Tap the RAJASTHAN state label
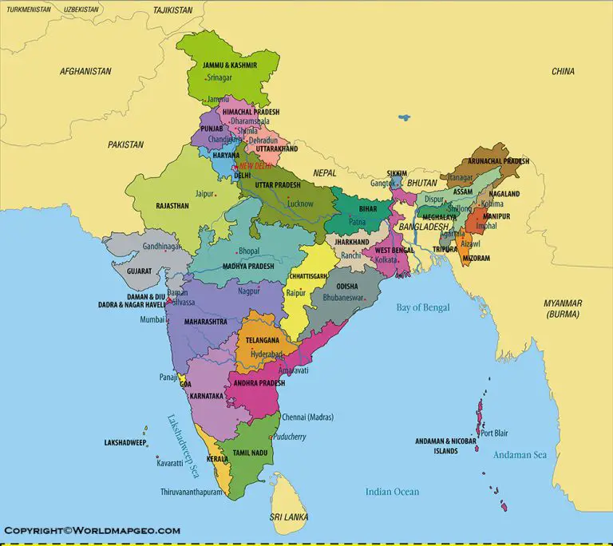[x=172, y=206]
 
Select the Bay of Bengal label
[x=423, y=307]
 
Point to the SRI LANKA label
[x=288, y=516]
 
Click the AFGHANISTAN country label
[x=85, y=71]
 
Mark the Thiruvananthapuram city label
[x=191, y=492]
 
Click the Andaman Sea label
[x=519, y=454]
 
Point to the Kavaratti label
[x=169, y=463]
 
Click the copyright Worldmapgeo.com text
[x=93, y=530]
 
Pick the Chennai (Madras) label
[x=307, y=417]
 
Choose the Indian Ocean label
[x=392, y=492]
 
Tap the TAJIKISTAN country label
[x=173, y=10]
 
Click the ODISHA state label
[x=347, y=286]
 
